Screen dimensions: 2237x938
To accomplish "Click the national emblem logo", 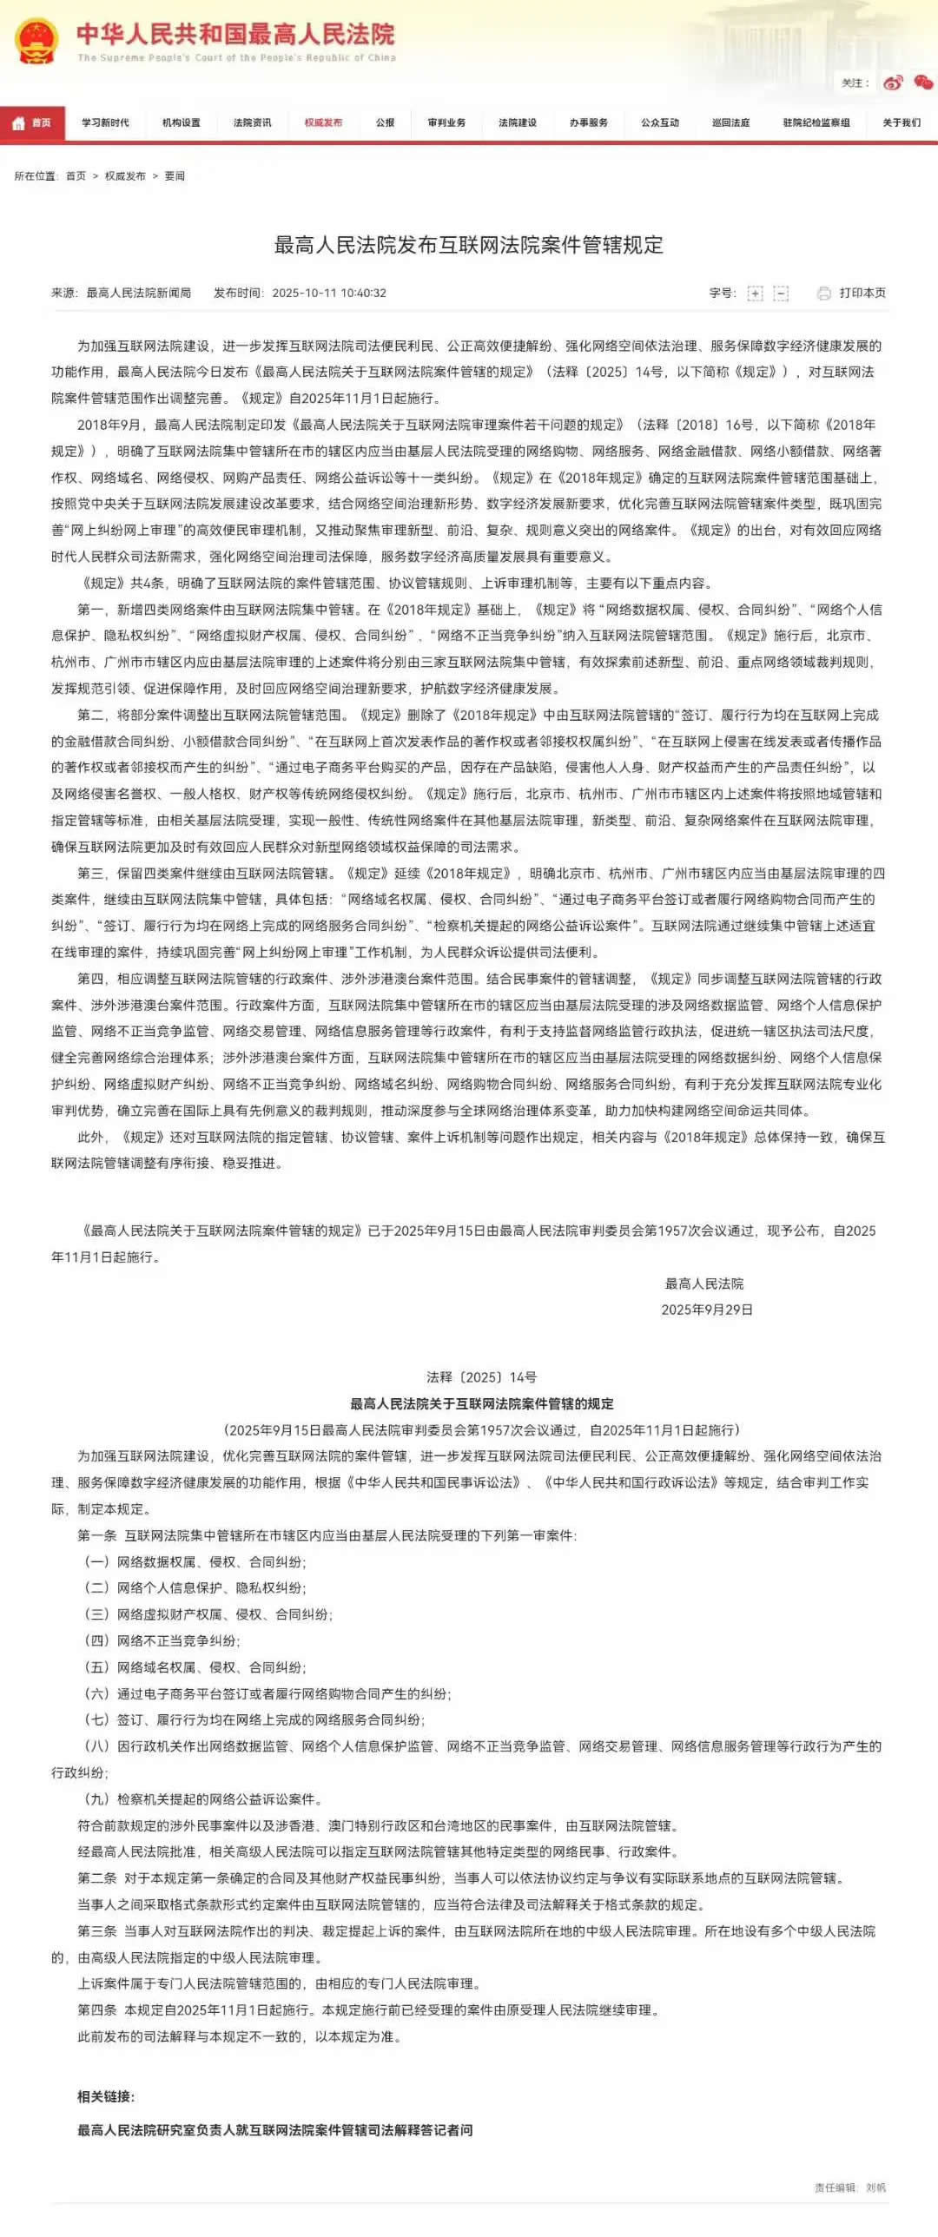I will [x=36, y=41].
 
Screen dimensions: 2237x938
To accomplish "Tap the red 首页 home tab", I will [x=32, y=122].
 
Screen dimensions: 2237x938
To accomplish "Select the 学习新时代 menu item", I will [x=105, y=122].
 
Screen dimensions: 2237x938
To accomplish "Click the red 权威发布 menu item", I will [x=323, y=122].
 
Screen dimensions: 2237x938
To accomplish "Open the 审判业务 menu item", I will [x=446, y=122].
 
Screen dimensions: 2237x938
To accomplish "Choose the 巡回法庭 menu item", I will [x=730, y=122].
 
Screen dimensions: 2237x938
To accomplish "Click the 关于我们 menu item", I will [x=902, y=122].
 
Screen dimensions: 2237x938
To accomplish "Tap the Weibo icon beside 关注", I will [x=893, y=82].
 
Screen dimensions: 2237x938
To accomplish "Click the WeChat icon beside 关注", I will [x=923, y=82].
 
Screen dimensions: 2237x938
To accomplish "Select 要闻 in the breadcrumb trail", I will [x=175, y=176].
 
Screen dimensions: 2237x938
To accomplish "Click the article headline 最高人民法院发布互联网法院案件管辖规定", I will [x=469, y=246].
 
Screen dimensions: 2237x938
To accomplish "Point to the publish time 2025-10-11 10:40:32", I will [x=329, y=294].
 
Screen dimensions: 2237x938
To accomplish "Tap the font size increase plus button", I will [x=755, y=294].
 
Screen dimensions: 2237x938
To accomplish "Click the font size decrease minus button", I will [x=781, y=294].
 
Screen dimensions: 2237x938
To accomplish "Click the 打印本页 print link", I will [x=862, y=294].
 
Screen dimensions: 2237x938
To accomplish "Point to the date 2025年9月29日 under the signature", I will [x=706, y=1310].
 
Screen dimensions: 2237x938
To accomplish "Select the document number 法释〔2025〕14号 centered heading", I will [x=481, y=1377].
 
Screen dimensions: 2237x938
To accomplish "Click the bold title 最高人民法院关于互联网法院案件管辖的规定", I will [x=481, y=1403].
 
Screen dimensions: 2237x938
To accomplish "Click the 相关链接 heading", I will [x=106, y=2096].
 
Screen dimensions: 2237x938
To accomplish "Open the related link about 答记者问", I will [x=275, y=2130].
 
